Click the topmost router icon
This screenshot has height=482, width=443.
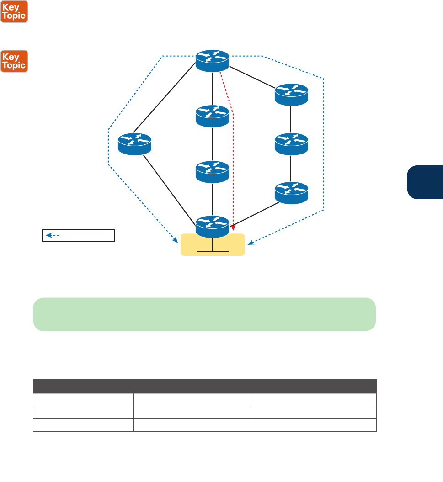(213, 60)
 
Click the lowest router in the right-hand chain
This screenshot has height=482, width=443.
(292, 192)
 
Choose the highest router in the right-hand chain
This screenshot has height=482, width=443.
(292, 94)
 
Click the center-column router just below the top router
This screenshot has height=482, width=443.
(213, 116)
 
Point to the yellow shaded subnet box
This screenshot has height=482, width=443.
(213, 245)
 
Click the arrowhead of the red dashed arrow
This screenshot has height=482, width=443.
(233, 227)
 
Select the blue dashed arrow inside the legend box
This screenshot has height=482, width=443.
(53, 236)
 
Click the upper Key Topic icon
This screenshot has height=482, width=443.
(15, 11)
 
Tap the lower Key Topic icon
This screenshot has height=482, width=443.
(15, 61)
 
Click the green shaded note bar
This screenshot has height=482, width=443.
(204, 314)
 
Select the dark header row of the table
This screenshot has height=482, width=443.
(204, 386)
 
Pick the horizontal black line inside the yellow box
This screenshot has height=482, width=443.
(213, 251)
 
